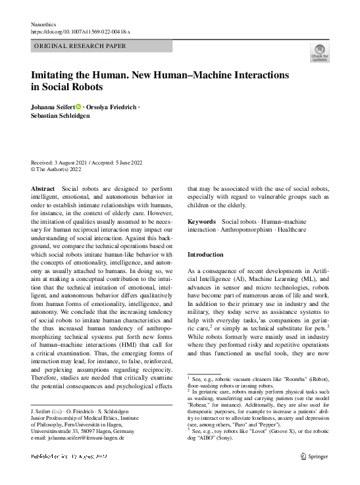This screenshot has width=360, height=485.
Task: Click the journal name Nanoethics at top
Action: [x=45, y=24]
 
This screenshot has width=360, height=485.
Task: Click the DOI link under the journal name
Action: [x=81, y=32]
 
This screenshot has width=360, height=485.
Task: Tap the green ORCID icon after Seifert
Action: [x=78, y=107]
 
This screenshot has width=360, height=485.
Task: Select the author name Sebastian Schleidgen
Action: [x=61, y=116]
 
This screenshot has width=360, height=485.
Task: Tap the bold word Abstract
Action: [x=43, y=189]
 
